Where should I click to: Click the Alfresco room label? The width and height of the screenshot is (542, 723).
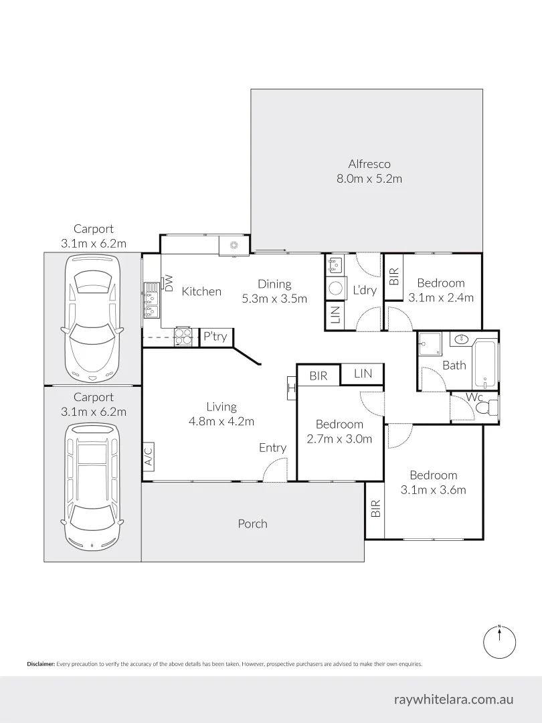click(369, 164)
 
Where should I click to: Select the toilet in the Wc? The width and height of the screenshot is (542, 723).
click(492, 407)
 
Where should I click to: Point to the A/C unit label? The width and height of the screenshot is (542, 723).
click(149, 456)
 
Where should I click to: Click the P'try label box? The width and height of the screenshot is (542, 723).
click(215, 337)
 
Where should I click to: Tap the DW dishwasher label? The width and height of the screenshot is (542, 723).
click(169, 285)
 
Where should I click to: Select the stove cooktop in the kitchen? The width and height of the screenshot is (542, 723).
click(183, 337)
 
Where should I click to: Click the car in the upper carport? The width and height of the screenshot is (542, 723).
click(92, 319)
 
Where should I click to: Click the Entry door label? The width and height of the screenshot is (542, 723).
click(272, 448)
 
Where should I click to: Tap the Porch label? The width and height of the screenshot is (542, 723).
click(252, 524)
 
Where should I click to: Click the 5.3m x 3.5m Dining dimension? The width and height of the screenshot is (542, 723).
click(274, 299)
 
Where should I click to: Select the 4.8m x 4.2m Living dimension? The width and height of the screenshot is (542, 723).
click(221, 421)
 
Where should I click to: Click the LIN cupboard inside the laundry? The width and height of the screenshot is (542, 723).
click(335, 312)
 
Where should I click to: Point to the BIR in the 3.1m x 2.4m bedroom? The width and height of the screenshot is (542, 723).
click(394, 276)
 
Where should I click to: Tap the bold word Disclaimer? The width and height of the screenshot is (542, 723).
click(40, 664)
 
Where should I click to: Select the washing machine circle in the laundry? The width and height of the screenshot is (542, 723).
click(335, 288)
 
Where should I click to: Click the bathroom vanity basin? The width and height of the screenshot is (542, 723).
click(460, 340)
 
